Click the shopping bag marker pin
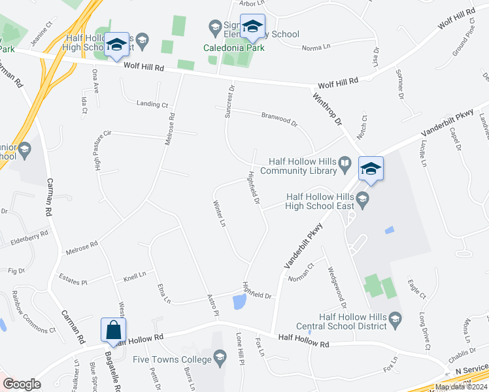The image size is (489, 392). [114, 331]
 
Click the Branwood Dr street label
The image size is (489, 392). [279, 119]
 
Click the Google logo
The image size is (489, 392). [22, 384]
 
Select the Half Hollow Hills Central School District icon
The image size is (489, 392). [394, 318]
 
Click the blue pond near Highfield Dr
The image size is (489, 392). [239, 302]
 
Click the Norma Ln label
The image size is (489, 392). [316, 48]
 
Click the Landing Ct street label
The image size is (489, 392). [152, 104]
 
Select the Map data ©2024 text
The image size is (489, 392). [461, 387]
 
